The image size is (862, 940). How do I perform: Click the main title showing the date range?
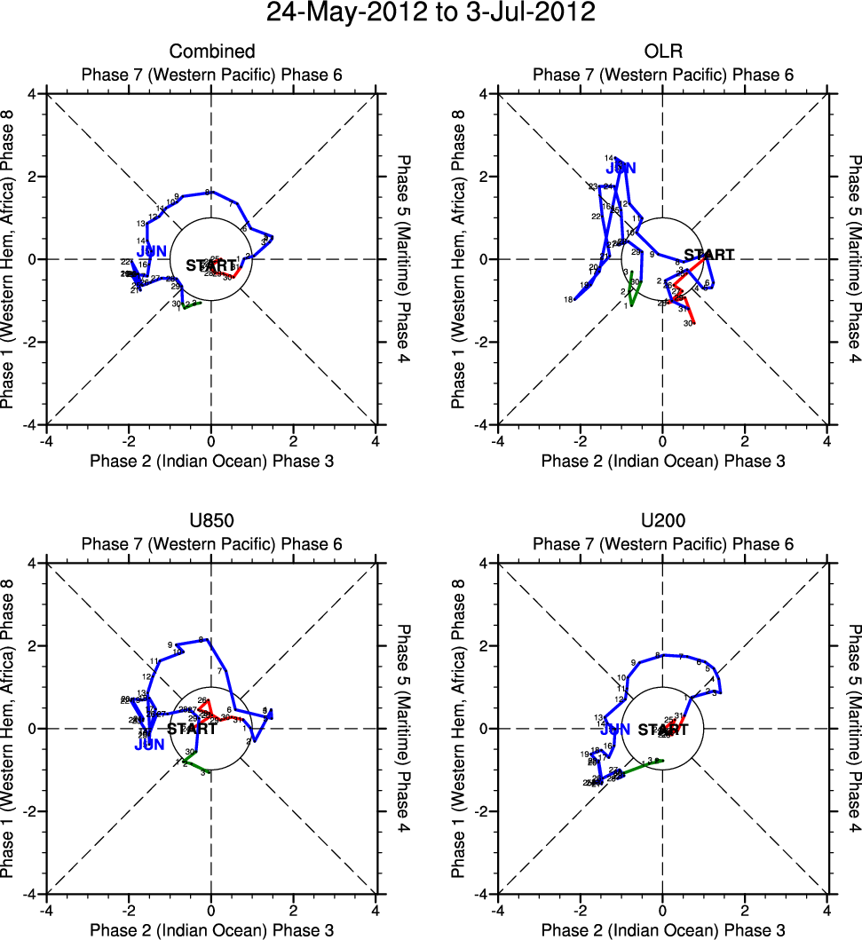431,13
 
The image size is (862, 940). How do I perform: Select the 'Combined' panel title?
212,51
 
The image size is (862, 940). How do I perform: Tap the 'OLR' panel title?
663,51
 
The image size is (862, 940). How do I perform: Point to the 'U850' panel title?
212,521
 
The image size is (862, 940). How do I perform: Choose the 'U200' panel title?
663,521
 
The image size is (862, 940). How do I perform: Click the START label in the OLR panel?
709,255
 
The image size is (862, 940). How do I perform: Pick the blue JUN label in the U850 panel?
149,745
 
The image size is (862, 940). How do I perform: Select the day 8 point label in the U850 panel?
202,639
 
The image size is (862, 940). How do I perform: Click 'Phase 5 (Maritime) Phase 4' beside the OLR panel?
854,259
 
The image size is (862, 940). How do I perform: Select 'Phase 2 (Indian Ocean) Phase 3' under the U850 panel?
212,929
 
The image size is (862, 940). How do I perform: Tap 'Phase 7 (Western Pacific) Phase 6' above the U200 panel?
663,543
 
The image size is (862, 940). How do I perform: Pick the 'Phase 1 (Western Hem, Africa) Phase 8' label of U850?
11,729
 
